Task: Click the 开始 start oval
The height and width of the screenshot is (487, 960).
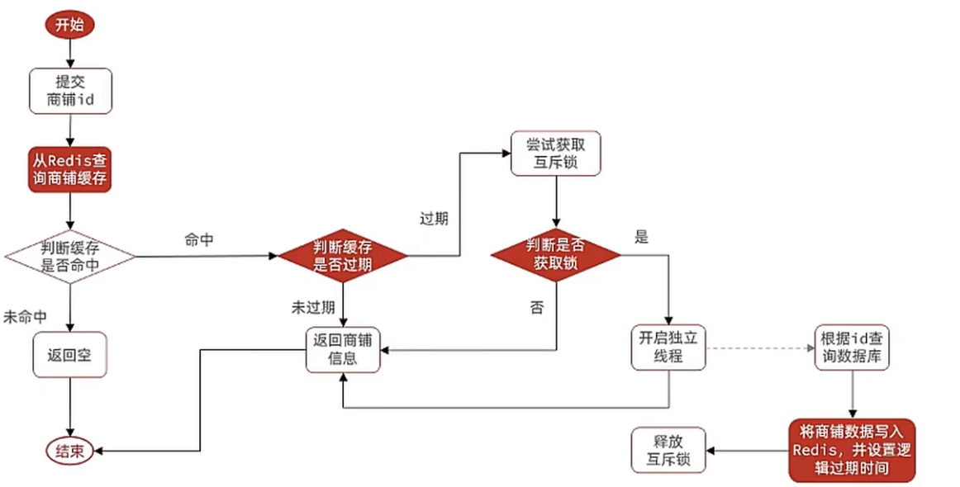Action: click(x=70, y=25)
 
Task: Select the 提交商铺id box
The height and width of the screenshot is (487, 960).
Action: click(x=70, y=91)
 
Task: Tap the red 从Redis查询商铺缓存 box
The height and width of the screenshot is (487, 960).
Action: click(x=70, y=168)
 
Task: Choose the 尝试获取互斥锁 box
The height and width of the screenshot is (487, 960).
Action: click(x=555, y=154)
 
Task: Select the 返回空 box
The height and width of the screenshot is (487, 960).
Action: click(x=70, y=355)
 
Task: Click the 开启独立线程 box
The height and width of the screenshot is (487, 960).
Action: click(x=669, y=349)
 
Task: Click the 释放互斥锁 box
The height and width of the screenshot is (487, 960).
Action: click(x=669, y=450)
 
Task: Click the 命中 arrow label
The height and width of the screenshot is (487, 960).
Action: click(x=201, y=239)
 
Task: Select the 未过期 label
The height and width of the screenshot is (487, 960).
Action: click(x=312, y=308)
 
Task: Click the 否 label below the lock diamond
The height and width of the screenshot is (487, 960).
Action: click(x=537, y=308)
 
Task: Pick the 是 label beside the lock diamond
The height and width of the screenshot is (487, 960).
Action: click(x=641, y=238)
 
